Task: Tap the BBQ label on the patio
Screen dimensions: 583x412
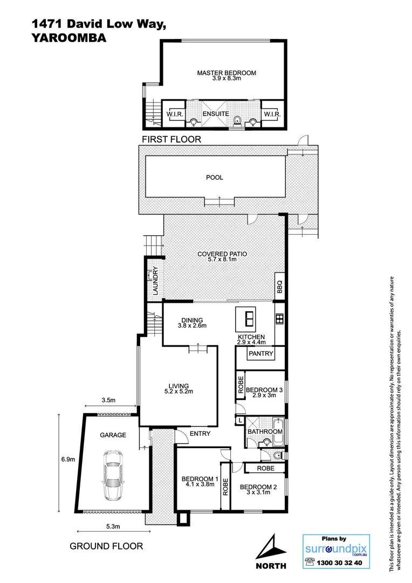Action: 279,287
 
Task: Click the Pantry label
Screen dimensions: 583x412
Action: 261,354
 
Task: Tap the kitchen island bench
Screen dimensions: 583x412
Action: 248,320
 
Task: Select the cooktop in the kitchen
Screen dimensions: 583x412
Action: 279,318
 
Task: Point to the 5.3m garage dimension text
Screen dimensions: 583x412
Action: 113,527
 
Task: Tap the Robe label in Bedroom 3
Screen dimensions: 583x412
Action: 240,385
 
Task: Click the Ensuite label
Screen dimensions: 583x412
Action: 216,114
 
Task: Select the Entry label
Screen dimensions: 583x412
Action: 200,433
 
